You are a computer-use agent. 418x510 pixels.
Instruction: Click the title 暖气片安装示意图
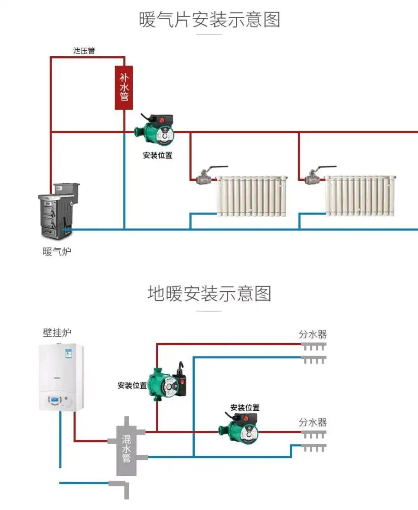(x=209, y=19)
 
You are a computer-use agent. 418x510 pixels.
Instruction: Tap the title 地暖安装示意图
(x=209, y=294)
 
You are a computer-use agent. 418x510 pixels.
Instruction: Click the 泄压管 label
(x=84, y=51)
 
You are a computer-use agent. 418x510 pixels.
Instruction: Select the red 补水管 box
(x=124, y=88)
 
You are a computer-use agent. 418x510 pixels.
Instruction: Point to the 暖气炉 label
(x=57, y=251)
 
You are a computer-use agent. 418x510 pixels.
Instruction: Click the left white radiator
(x=252, y=196)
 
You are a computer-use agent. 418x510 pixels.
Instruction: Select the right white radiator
(x=360, y=196)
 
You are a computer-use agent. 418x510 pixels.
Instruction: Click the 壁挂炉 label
(x=57, y=332)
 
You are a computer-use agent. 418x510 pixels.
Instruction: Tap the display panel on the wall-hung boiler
(x=55, y=399)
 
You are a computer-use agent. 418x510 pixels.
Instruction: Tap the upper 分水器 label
(x=312, y=334)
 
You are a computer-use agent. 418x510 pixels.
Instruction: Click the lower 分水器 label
(x=312, y=422)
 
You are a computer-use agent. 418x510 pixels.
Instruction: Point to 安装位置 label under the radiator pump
(x=158, y=155)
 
